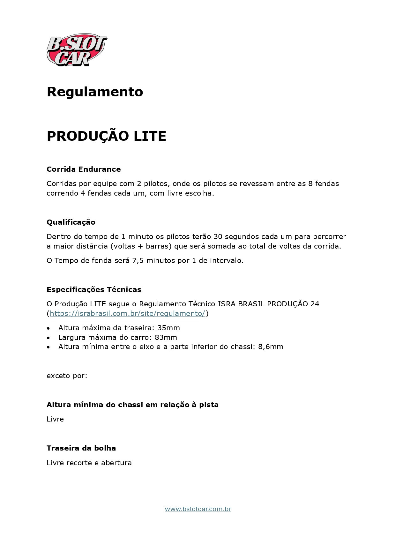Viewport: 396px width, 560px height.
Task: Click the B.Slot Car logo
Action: (x=77, y=50)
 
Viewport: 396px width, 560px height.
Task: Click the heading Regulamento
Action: (x=95, y=92)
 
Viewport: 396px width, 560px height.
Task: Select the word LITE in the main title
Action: (x=150, y=136)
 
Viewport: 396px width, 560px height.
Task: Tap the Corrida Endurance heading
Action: (x=84, y=169)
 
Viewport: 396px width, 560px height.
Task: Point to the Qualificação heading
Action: (x=71, y=222)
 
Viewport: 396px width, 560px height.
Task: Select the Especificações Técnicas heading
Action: (x=94, y=289)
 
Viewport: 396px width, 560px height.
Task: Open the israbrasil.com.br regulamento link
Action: (x=127, y=313)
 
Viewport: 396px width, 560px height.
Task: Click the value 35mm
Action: (x=168, y=328)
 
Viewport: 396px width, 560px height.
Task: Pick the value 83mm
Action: (x=166, y=337)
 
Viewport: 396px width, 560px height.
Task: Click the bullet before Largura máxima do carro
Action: (x=48, y=338)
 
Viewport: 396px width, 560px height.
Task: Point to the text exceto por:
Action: (x=67, y=376)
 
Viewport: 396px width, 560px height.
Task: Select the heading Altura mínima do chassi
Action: (x=132, y=405)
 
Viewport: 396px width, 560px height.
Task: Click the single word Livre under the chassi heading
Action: (x=55, y=419)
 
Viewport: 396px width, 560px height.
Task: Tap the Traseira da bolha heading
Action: (x=81, y=448)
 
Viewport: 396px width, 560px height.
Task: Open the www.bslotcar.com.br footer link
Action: (x=198, y=509)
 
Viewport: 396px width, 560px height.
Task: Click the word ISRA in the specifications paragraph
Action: (x=227, y=304)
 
